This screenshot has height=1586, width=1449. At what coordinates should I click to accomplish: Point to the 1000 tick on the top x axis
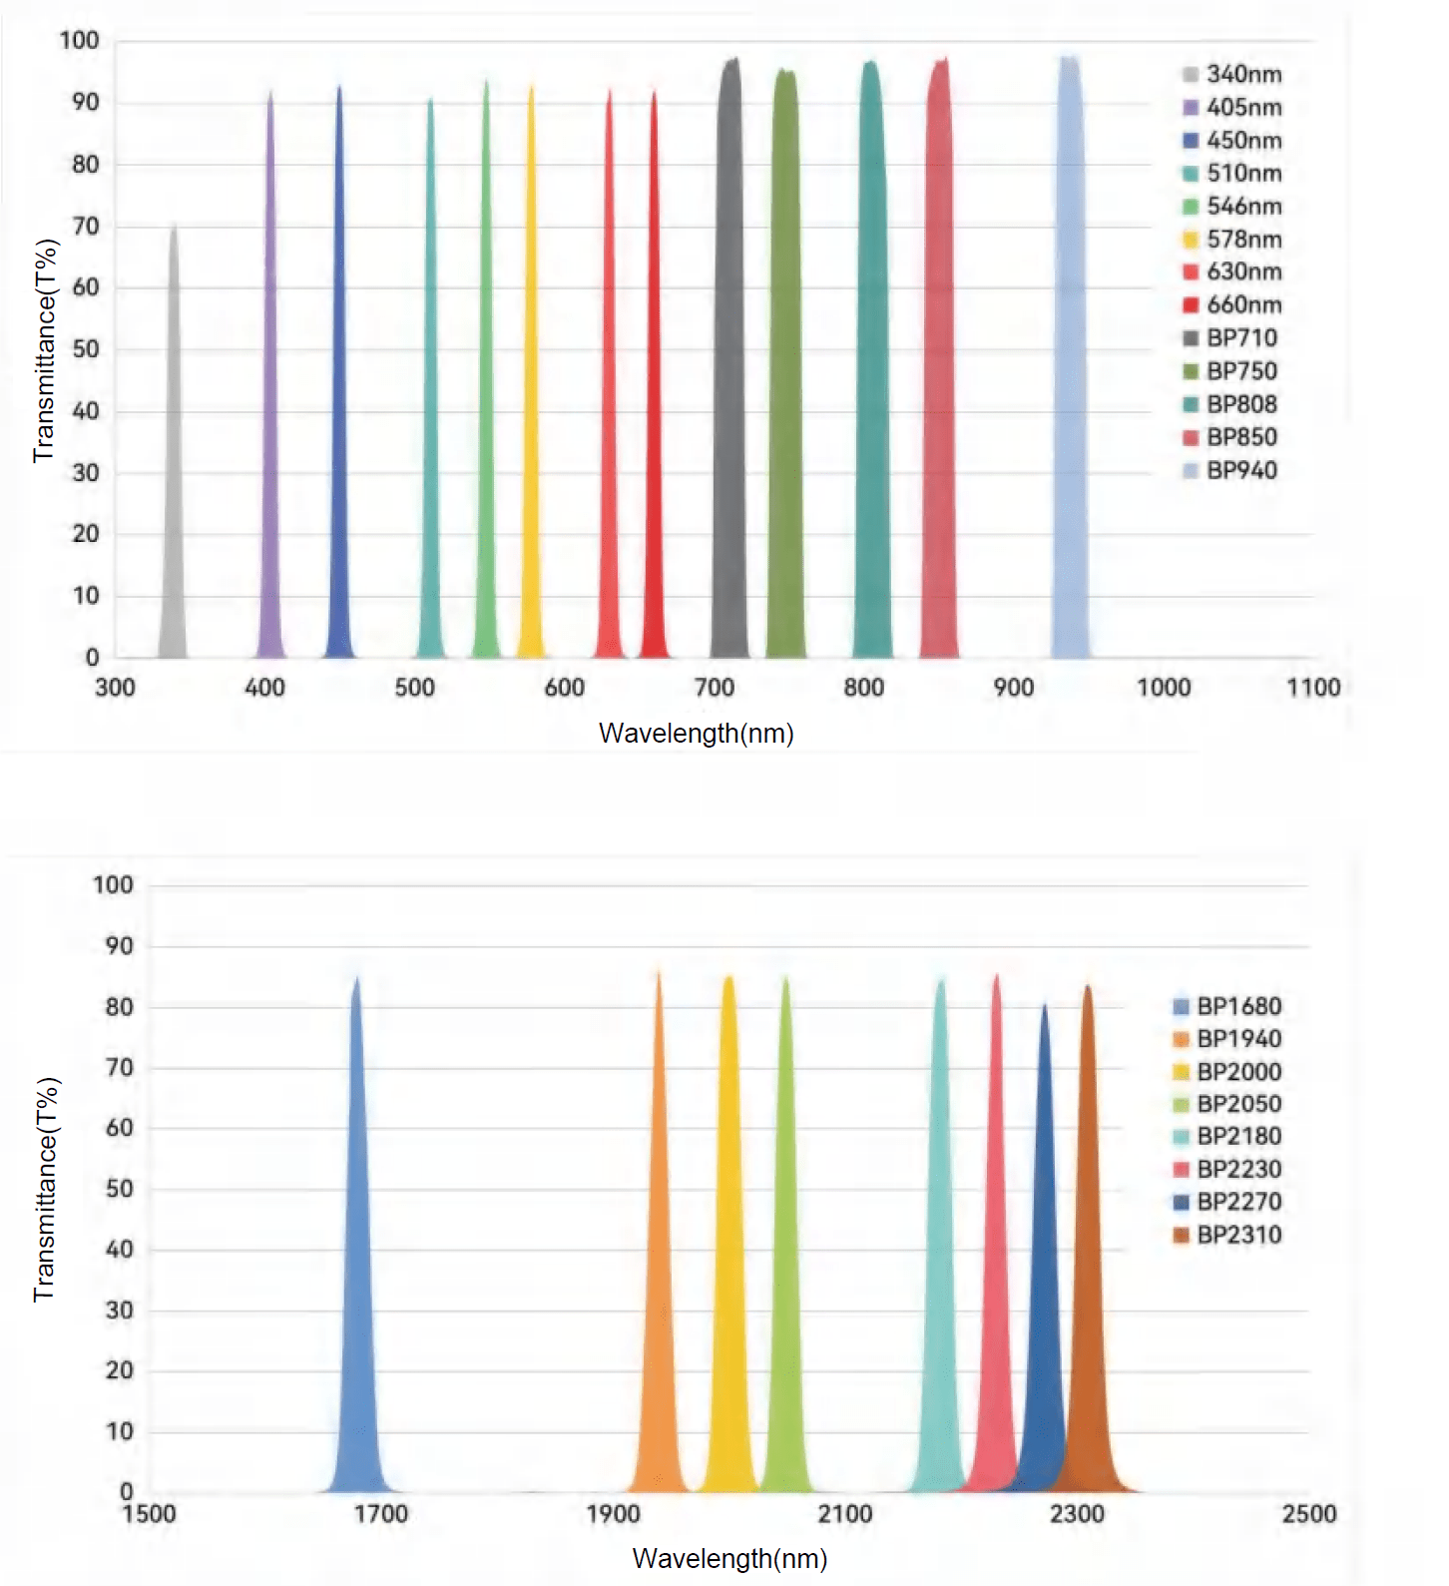(x=1164, y=688)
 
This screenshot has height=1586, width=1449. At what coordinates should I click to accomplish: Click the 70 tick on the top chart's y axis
(x=86, y=227)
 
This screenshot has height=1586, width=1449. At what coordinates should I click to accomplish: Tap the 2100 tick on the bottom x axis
(x=845, y=1514)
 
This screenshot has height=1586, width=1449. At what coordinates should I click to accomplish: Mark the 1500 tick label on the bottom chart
(x=149, y=1514)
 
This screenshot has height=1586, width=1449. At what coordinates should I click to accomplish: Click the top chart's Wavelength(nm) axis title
(x=696, y=734)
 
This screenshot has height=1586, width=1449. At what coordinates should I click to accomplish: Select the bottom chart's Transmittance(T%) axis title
(x=46, y=1190)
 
